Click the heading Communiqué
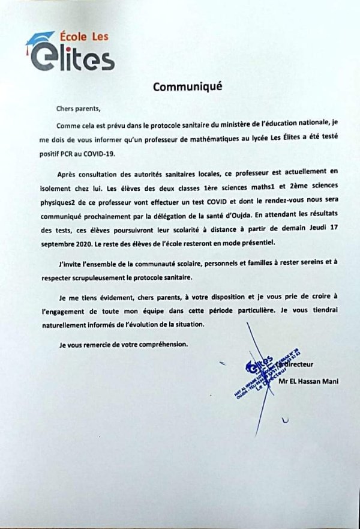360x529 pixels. (187, 86)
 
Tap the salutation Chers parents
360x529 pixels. (75, 109)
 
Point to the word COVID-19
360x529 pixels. (99, 153)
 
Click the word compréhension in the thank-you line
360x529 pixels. (158, 345)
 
